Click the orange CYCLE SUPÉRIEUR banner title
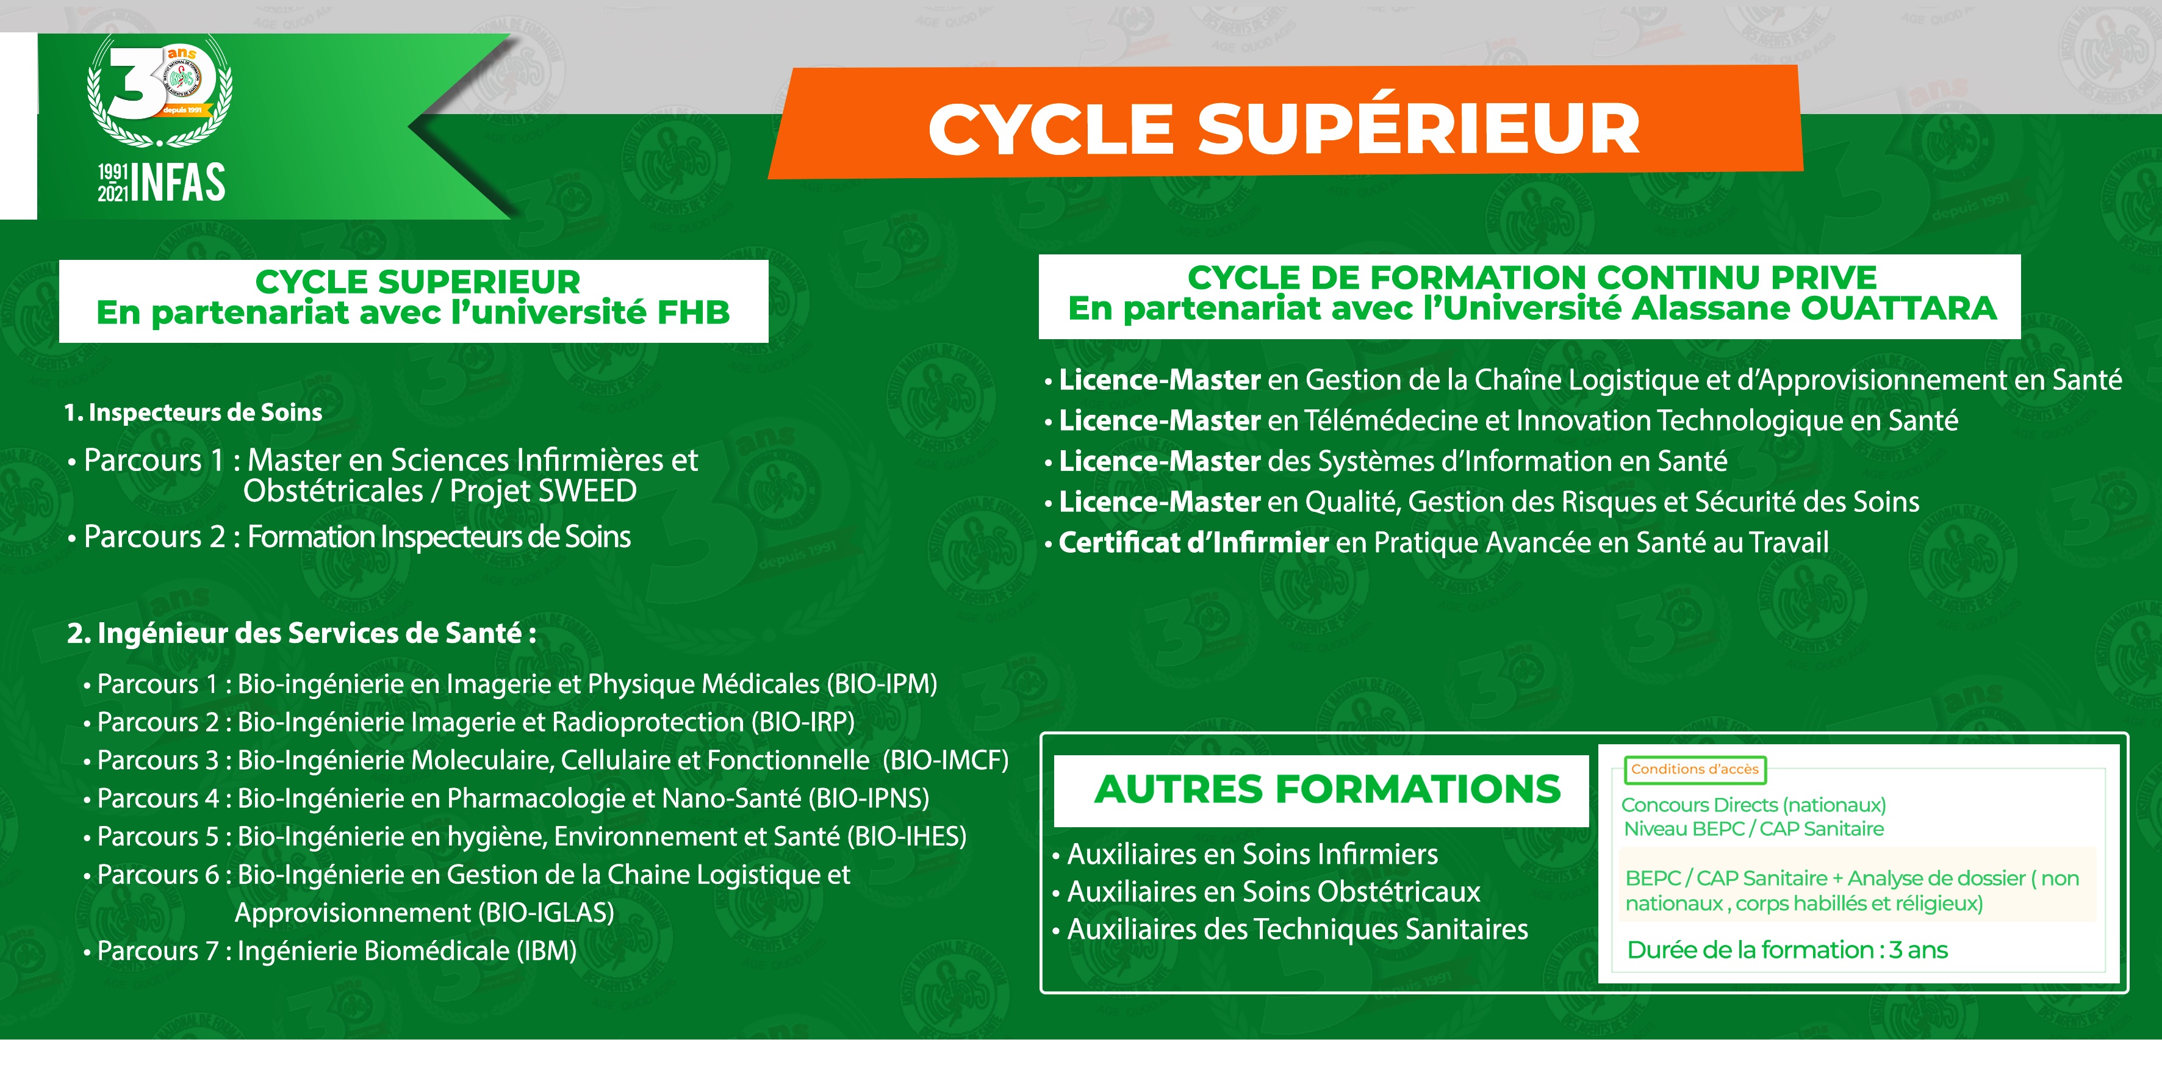[x=1284, y=128]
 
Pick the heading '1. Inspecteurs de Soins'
[x=193, y=412]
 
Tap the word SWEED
[x=587, y=491]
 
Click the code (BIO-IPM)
[x=882, y=684]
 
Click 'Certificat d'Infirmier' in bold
[x=1193, y=543]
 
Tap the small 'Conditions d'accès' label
[x=1695, y=769]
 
